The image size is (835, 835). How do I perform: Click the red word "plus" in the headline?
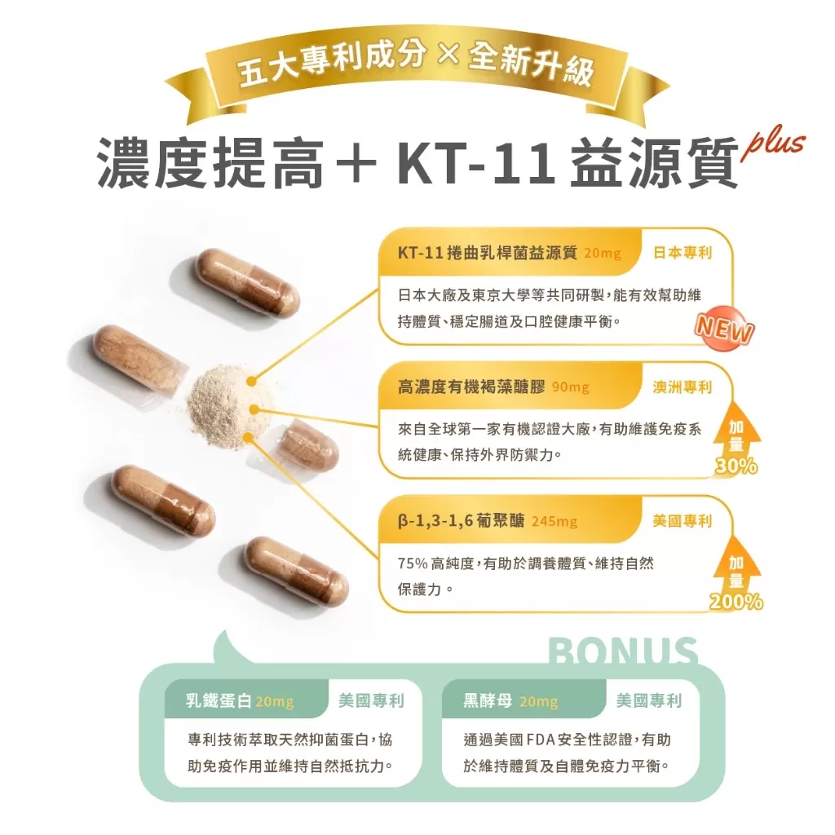click(772, 145)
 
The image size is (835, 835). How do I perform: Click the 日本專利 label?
click(683, 253)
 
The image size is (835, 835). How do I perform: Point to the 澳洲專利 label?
click(683, 387)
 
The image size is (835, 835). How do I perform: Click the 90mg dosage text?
click(570, 387)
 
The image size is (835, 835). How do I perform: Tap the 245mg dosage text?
click(554, 521)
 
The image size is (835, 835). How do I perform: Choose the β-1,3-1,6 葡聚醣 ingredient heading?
click(462, 521)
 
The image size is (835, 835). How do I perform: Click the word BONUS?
click(624, 652)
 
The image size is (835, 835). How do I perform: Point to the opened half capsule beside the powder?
click(308, 444)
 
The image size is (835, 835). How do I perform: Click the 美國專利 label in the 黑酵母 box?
click(649, 701)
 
